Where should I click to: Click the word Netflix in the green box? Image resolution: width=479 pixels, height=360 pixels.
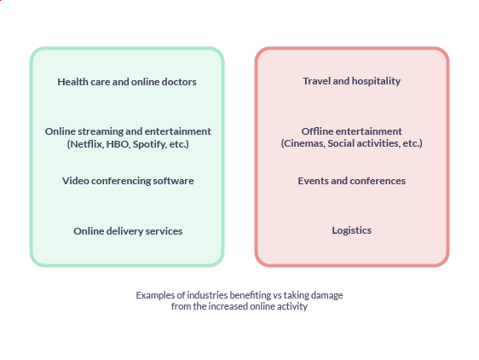coord(86,144)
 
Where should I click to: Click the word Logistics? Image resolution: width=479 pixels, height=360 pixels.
coord(352,230)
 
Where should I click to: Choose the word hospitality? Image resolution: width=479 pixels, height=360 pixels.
coord(376,81)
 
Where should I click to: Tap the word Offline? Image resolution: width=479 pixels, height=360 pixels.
coord(315,131)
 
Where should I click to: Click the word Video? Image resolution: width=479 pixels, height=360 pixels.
coord(76,181)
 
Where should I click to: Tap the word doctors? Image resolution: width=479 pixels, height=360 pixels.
coord(179,82)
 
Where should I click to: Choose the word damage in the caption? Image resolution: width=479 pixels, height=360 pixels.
coord(327,295)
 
